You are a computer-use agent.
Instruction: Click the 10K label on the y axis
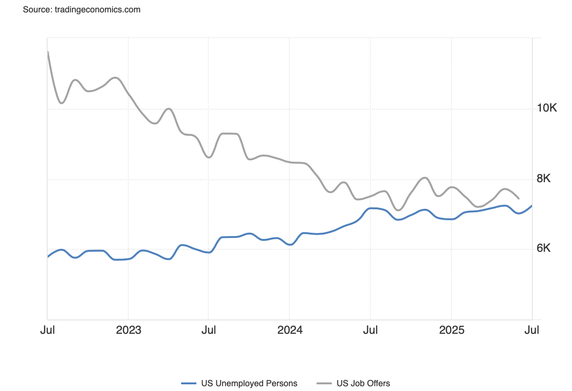(x=547, y=108)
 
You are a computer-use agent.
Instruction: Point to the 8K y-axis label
(x=543, y=179)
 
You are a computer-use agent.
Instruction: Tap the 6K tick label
(x=543, y=248)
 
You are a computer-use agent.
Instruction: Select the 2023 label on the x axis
(x=128, y=330)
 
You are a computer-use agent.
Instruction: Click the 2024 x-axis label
(x=290, y=330)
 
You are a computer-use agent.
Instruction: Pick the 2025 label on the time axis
(x=451, y=330)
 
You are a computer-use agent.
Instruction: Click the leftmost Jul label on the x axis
(x=47, y=330)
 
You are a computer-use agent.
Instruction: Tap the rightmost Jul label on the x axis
(x=532, y=330)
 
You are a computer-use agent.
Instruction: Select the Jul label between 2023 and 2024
(x=209, y=330)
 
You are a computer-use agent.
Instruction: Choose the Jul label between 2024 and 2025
(x=370, y=330)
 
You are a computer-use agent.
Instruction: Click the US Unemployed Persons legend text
(x=249, y=383)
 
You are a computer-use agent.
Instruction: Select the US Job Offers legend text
(x=363, y=383)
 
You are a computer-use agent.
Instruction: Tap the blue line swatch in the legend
(x=189, y=383)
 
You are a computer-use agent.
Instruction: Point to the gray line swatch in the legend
(x=324, y=383)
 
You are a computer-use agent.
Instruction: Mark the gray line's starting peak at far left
(x=48, y=51)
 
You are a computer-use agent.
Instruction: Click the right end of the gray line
(x=519, y=198)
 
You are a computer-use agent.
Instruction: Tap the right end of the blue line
(x=532, y=206)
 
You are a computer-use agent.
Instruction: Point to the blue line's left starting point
(x=48, y=257)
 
